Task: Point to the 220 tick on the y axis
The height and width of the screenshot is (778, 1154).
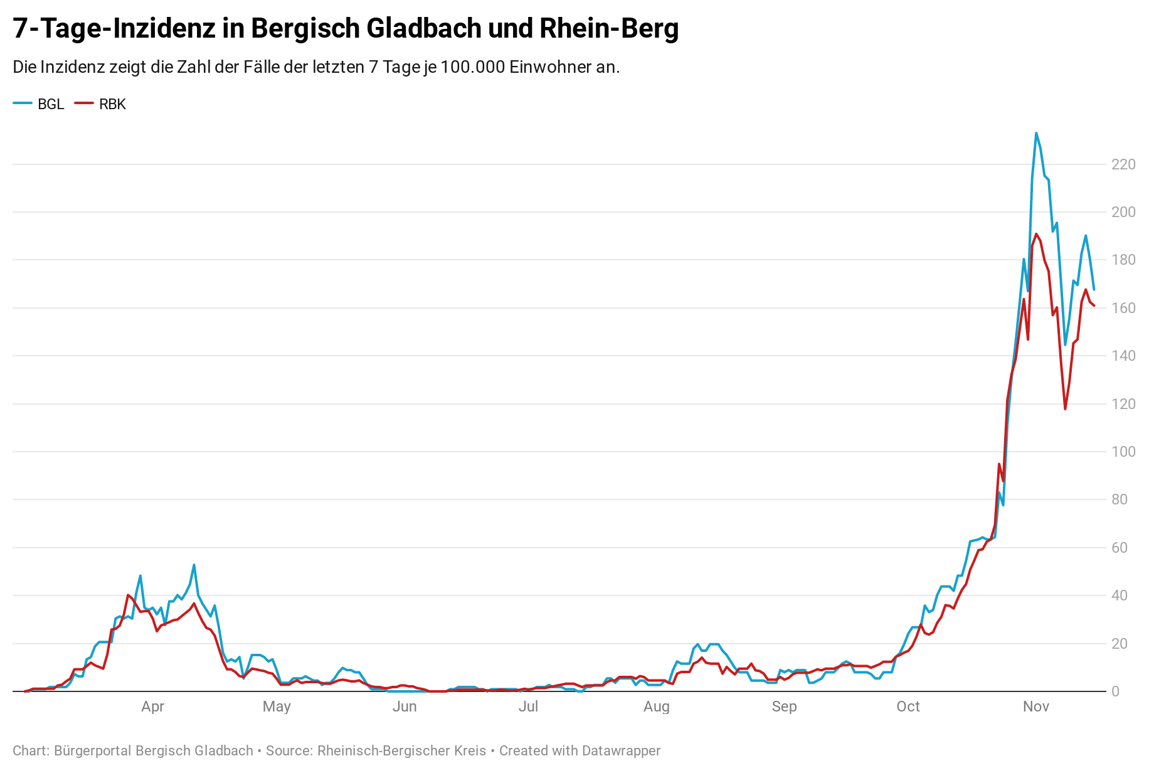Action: click(x=1123, y=164)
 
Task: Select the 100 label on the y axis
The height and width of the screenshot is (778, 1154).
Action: click(x=1123, y=452)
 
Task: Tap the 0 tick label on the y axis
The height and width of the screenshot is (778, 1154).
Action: click(x=1115, y=691)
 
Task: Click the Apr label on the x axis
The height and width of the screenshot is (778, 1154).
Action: click(x=152, y=706)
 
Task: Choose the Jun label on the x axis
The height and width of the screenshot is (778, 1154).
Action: click(x=405, y=706)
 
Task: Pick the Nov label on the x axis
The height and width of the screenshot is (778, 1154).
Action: click(x=1036, y=706)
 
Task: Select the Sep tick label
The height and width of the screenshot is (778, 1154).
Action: click(x=784, y=706)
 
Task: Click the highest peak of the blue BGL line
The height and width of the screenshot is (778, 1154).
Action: click(x=1036, y=133)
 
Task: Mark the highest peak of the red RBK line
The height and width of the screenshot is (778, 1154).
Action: click(x=1036, y=234)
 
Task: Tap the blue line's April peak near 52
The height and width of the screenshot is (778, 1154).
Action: click(x=194, y=565)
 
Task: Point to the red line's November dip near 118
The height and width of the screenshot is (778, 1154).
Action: click(x=1065, y=409)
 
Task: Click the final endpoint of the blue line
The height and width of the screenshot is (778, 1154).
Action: click(x=1094, y=289)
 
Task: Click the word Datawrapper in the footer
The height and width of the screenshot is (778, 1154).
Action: click(x=621, y=751)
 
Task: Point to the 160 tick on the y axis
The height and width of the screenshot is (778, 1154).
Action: click(x=1123, y=308)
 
